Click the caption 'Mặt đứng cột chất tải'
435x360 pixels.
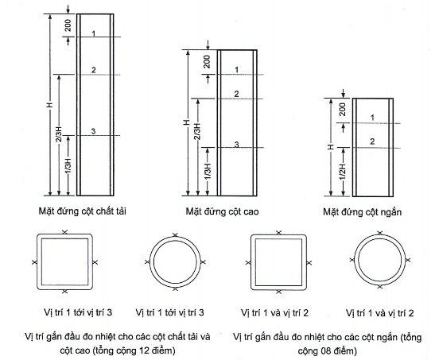83,211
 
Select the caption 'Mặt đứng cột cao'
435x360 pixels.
222,211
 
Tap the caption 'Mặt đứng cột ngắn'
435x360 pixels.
363,212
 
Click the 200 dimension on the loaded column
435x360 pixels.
68,25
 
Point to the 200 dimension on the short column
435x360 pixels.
343,109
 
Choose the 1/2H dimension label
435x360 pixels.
344,172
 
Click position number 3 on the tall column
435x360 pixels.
237,145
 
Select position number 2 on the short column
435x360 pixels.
372,141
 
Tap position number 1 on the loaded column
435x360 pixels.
94,33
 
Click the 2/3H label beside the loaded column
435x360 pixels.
59,134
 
